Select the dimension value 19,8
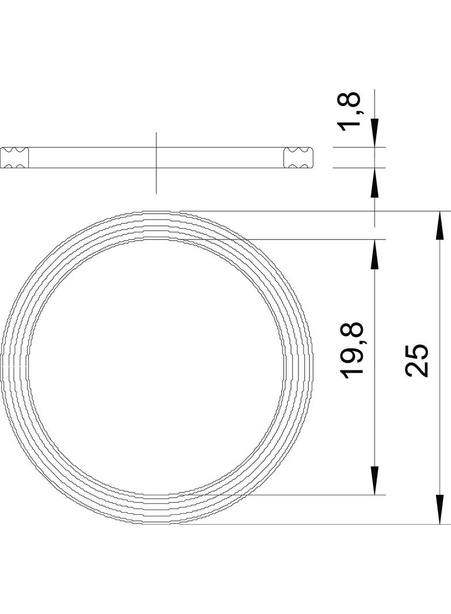(353, 350)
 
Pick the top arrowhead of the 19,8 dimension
(375, 254)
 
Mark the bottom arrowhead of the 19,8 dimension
(375, 480)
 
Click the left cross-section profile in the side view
(14, 158)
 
